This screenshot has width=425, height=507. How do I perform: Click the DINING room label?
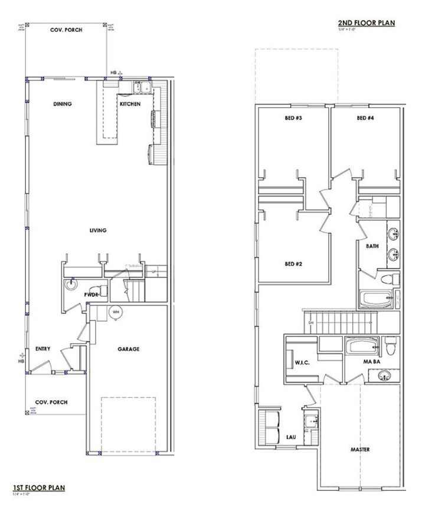pos(62,104)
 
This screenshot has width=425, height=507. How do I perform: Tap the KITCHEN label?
pos(130,104)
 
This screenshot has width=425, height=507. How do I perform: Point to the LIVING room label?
pos(98,230)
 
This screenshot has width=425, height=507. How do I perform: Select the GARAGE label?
pos(128,349)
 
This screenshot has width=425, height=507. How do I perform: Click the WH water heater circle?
pos(116,312)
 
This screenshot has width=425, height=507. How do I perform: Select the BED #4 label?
pos(366,118)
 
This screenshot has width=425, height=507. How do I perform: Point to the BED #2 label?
pos(293,263)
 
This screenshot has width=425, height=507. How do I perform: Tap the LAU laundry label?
pos(290,437)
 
